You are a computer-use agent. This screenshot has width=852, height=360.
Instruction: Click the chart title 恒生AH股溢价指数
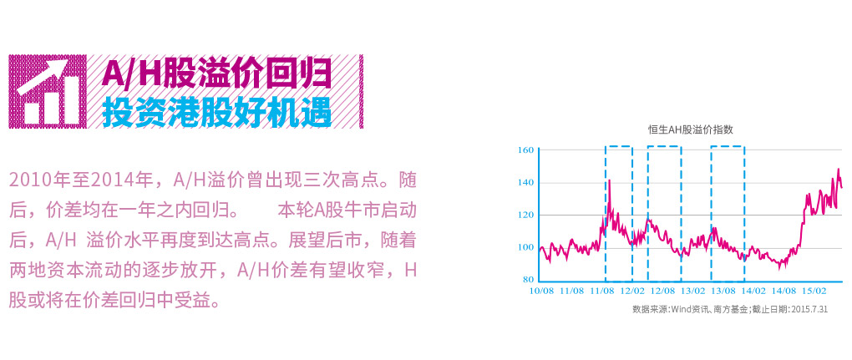coord(691,129)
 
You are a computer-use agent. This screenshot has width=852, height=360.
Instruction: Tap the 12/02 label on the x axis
coord(633,292)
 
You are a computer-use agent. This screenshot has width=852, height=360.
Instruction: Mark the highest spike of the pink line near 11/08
coord(610,180)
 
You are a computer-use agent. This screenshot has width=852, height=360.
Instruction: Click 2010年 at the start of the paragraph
coord(33,180)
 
